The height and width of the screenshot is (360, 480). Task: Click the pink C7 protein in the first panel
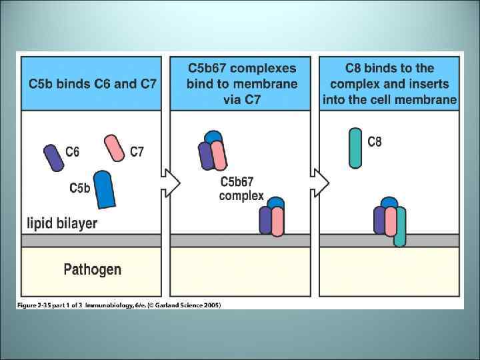(x=115, y=148)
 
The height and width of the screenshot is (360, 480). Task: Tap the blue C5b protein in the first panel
(x=104, y=188)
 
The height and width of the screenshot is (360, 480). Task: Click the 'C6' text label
(x=73, y=152)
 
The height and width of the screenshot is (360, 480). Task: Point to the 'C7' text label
(x=137, y=152)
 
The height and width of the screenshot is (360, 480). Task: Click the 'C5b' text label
(x=80, y=189)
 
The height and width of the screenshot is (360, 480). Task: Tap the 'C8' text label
(x=375, y=142)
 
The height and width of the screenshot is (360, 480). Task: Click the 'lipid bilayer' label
(x=62, y=223)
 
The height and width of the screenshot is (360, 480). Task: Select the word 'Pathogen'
(x=92, y=269)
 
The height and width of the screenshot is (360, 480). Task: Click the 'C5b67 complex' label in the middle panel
(x=241, y=189)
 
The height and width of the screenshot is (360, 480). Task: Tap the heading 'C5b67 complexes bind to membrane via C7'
(x=242, y=84)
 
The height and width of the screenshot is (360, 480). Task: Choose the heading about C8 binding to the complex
(x=389, y=84)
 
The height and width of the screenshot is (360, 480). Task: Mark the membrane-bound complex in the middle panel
(x=271, y=216)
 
